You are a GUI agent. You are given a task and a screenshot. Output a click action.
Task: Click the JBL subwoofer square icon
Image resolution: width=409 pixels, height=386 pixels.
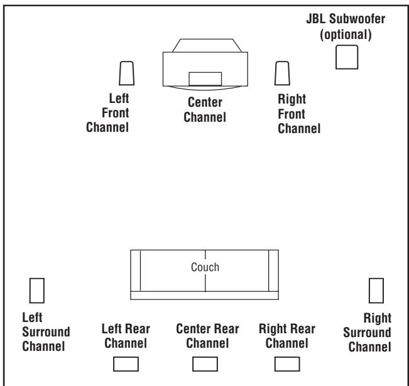[347, 57]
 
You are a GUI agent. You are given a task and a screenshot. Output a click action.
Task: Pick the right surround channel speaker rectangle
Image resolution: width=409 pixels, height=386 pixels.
[376, 290]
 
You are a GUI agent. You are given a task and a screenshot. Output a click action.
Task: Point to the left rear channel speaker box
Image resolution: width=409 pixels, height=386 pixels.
[124, 364]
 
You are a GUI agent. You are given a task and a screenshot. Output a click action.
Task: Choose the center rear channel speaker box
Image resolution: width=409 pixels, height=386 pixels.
[205, 364]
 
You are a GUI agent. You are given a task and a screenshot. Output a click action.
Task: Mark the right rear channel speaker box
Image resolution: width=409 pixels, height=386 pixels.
[286, 364]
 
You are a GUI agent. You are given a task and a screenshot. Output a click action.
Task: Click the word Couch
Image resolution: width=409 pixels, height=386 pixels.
[205, 267]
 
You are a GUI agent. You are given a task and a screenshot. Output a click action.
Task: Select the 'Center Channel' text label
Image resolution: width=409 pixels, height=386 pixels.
[205, 109]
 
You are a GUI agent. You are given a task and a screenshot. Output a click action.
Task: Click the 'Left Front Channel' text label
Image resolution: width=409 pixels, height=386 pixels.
[119, 114]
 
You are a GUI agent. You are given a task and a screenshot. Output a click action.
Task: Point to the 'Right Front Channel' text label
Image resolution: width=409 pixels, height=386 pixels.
[298, 114]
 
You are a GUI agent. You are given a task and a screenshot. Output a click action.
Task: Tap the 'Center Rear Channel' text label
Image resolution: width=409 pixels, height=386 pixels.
[205, 336]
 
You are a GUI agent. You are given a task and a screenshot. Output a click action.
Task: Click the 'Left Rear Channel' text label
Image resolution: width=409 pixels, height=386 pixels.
[126, 336]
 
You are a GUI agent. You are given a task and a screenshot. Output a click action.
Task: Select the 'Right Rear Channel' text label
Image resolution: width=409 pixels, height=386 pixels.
[287, 336]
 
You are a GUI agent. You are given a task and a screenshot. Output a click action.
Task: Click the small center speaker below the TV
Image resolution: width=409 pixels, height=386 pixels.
[205, 78]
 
